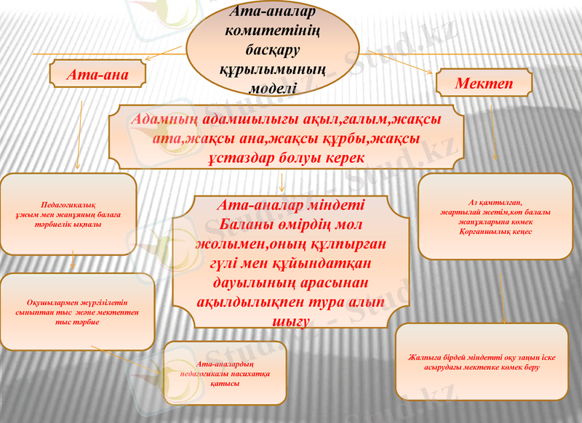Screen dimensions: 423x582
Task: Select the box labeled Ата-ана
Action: point(97,74)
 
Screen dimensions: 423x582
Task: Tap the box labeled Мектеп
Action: point(483,84)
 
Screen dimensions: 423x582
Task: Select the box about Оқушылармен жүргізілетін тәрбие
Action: point(77,311)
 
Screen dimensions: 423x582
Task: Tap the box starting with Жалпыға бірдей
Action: point(481,362)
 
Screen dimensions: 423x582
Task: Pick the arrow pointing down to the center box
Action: point(282,180)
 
